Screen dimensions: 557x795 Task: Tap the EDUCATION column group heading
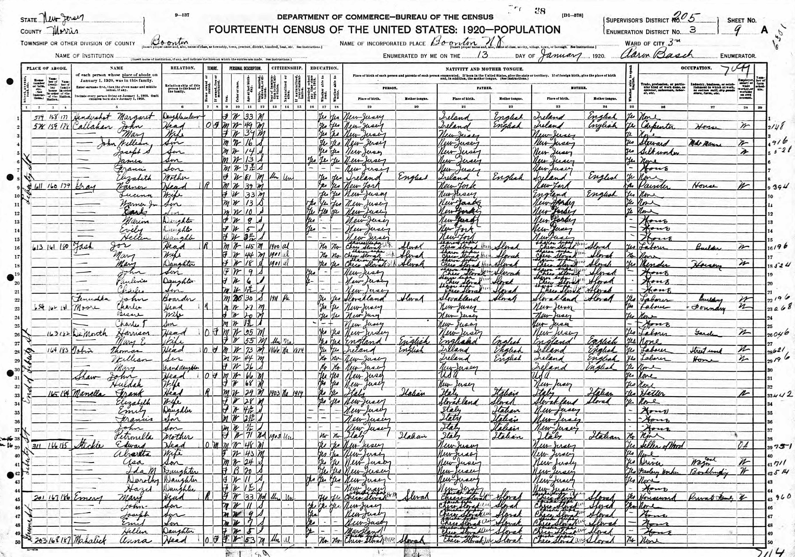[324, 68]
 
